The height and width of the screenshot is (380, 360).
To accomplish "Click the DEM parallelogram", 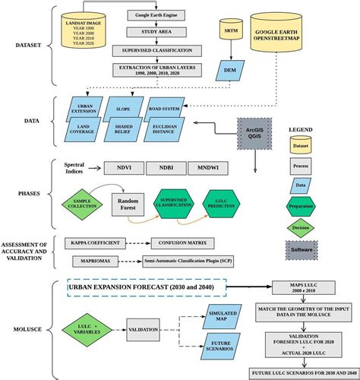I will tap(228, 70).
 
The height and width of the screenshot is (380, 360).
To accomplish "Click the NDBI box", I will tap(171, 167).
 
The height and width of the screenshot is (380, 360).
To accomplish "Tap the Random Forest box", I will tap(128, 202).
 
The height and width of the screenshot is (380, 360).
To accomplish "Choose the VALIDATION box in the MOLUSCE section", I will tap(143, 331).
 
